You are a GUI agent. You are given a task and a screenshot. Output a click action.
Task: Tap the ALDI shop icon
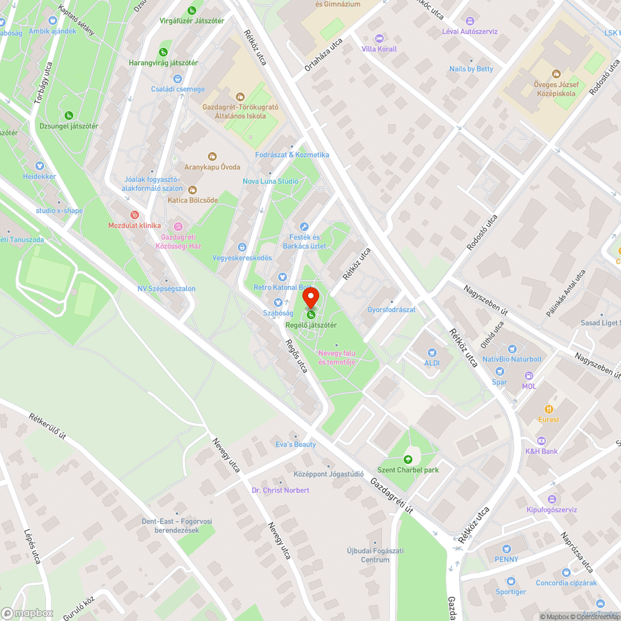point(432,352)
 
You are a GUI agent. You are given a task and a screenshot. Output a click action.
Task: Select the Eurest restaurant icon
point(548,409)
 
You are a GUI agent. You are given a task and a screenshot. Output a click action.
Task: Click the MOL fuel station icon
point(529,376)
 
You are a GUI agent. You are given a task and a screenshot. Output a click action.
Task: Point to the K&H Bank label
point(542,451)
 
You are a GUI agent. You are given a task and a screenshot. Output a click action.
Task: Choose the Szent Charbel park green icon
point(408,460)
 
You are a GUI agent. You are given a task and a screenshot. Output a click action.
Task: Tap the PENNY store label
point(506,559)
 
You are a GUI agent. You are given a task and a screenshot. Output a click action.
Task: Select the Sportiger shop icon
point(511,582)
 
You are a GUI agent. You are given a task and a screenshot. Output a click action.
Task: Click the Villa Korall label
point(379,49)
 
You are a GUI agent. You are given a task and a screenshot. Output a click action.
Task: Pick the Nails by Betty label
point(471,69)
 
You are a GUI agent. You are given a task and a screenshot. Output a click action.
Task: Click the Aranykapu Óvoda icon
point(212,156)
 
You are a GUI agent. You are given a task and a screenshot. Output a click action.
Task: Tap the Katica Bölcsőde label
point(193,200)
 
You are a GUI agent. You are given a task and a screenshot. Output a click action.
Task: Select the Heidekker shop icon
point(40,166)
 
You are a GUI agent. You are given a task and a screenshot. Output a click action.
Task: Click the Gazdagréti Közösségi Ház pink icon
point(179,226)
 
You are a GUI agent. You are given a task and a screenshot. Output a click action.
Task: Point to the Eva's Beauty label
point(296,445)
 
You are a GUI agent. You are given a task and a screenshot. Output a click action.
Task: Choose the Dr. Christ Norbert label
point(280,491)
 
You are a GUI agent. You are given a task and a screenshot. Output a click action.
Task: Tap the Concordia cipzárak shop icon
point(566,573)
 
